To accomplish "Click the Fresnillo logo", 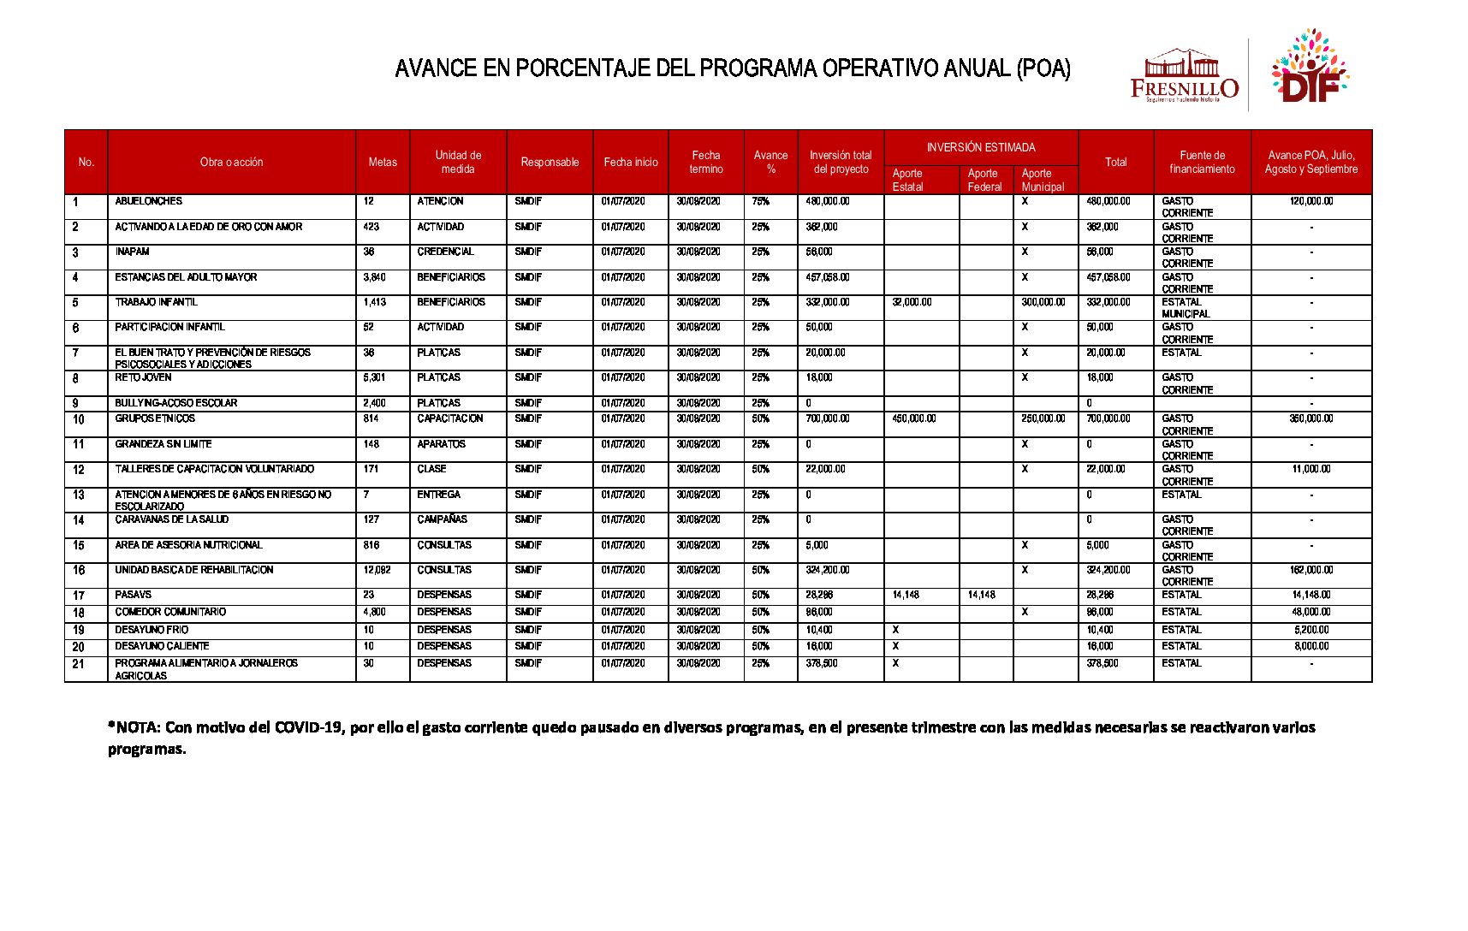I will tap(1184, 76).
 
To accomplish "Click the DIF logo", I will tap(1309, 68).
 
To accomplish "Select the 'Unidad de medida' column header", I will tap(458, 162).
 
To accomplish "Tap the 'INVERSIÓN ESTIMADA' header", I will tap(981, 147).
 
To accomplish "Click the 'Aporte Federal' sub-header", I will tap(984, 180).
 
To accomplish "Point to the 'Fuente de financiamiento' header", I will tap(1202, 162).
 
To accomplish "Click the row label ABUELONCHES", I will tap(149, 201).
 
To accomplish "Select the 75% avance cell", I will tap(760, 201).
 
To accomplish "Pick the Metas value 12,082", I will tap(377, 570).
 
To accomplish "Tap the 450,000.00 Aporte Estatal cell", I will tap(914, 418).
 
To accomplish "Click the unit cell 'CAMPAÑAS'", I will tap(443, 519).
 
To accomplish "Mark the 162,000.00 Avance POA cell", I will tap(1311, 570).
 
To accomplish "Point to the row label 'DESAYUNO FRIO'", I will tap(152, 630).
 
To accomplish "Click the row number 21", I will tap(79, 665).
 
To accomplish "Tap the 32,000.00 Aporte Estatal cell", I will tap(912, 302).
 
